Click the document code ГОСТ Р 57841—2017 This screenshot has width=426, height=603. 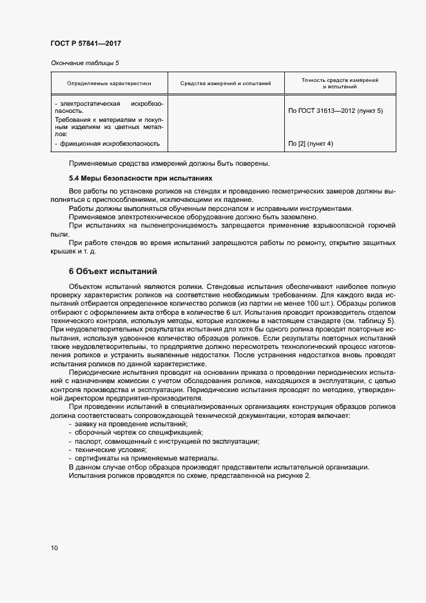pyautogui.click(x=86, y=43)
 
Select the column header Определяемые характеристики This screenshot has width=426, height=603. pyautogui.click(x=109, y=83)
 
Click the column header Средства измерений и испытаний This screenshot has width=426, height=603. pyautogui.click(x=226, y=83)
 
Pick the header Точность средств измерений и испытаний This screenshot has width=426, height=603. pyautogui.click(x=340, y=83)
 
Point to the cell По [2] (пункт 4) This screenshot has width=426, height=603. pyautogui.click(x=311, y=143)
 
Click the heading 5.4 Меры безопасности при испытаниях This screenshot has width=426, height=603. pyautogui.click(x=140, y=177)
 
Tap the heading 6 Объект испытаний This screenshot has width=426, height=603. pyautogui.click(x=113, y=271)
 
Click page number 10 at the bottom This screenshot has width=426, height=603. pyautogui.click(x=54, y=548)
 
